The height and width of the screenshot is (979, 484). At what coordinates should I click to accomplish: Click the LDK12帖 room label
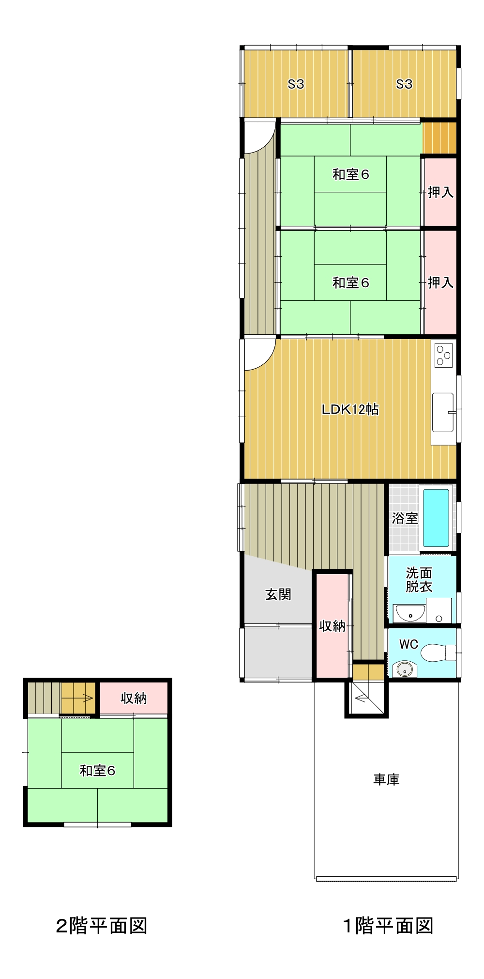[350, 409]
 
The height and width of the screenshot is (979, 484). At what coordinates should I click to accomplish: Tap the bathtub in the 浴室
[436, 518]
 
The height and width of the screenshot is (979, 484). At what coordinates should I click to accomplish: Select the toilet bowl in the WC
[438, 653]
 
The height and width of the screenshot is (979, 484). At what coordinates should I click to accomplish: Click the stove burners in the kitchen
[443, 354]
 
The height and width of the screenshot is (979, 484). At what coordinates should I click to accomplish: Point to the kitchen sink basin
[442, 412]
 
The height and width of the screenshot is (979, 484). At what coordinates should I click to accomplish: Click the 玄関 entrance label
[278, 594]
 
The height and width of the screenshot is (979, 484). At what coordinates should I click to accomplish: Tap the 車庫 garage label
[386, 779]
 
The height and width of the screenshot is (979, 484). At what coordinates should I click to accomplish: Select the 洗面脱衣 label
[419, 580]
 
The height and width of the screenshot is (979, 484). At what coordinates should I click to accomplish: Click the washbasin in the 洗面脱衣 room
[409, 613]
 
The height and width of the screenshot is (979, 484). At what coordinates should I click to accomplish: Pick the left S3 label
[296, 84]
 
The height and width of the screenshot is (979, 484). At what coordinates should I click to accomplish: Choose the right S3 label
[404, 84]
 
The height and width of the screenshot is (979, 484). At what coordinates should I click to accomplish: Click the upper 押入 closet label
[440, 192]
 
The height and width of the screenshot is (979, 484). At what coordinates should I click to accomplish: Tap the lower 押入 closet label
[440, 282]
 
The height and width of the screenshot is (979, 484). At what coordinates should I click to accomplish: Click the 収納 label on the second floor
[134, 698]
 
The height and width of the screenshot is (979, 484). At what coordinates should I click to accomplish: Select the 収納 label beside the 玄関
[333, 626]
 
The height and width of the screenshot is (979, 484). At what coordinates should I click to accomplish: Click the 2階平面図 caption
[102, 926]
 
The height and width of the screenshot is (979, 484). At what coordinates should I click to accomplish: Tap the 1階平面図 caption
[388, 926]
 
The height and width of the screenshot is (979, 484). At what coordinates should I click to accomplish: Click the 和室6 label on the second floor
[97, 770]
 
